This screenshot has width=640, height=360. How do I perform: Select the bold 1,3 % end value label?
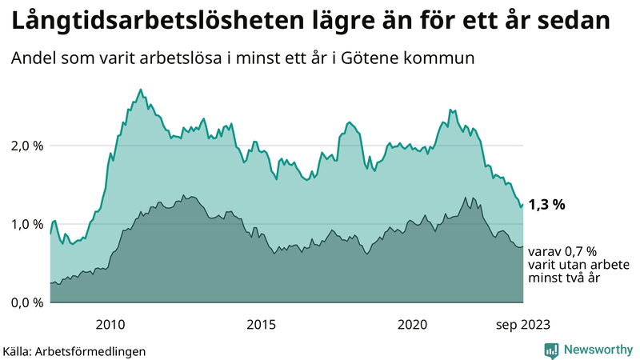tap(547, 205)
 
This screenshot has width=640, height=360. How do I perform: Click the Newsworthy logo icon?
tap(551, 350)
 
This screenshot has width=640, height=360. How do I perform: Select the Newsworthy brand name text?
tap(597, 350)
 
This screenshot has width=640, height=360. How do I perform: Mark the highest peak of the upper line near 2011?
tap(141, 90)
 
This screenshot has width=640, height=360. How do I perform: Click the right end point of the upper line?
tap(522, 205)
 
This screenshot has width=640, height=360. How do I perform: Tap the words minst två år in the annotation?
tap(564, 278)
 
